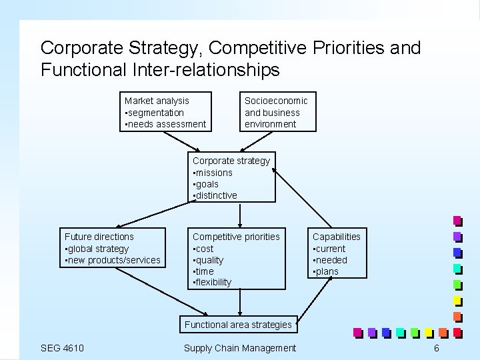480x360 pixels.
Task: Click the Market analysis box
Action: [165, 111]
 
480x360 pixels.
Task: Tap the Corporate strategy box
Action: [231, 177]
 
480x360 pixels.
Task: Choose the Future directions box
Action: [112, 248]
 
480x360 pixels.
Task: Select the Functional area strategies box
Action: [238, 325]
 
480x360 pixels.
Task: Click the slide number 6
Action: [436, 348]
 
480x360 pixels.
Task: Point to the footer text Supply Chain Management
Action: [239, 348]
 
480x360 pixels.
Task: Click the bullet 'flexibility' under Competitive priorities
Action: [213, 282]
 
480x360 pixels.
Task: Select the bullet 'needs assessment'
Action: [167, 124]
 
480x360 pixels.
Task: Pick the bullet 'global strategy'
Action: [98, 248]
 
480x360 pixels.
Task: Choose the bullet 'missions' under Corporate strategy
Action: [214, 172]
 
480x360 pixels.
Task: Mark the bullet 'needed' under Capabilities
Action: [331, 260]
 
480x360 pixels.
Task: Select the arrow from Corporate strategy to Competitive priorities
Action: [239, 215]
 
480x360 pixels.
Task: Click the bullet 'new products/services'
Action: [113, 260]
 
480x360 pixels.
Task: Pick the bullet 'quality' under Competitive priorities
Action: [209, 260]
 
